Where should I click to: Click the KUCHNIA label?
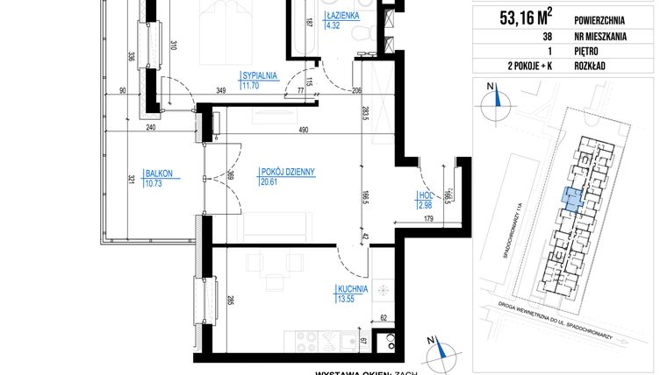pos(350,287)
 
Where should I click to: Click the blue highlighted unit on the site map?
pos(570,200)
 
